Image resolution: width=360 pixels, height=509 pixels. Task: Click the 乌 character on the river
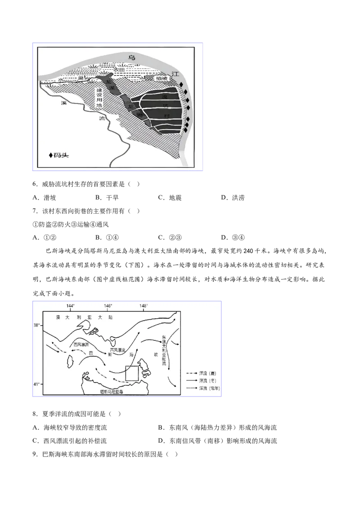click(131, 58)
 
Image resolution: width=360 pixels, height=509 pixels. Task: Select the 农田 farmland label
click(119, 70)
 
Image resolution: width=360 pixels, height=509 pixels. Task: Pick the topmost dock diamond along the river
click(180, 85)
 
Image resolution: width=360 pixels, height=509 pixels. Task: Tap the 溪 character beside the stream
click(65, 103)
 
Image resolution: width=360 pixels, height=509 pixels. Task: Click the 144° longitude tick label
click(71, 306)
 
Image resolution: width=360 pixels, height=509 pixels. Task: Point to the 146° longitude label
click(108, 306)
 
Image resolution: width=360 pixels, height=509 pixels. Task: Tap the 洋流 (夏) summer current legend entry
click(205, 373)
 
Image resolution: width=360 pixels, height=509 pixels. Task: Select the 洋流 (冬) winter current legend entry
click(205, 380)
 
